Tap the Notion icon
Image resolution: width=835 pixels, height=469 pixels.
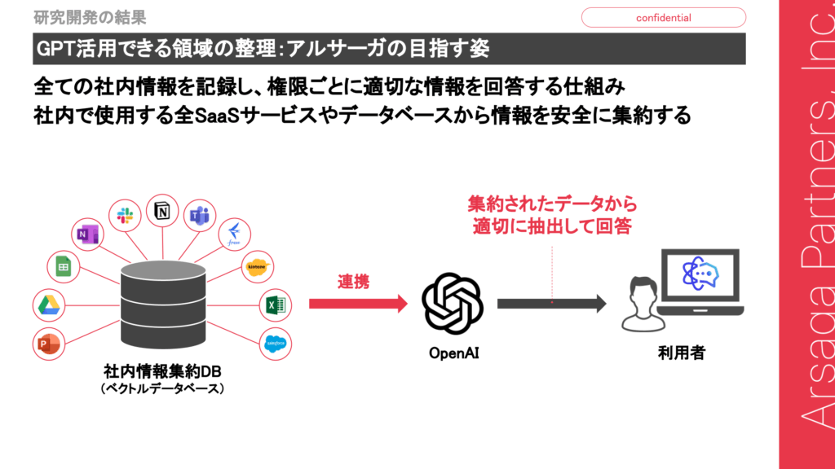coord(161,212)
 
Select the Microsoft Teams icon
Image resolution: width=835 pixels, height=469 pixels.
coord(199,215)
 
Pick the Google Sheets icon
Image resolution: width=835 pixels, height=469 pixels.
coord(62,265)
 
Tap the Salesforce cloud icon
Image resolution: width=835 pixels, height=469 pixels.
coord(275,344)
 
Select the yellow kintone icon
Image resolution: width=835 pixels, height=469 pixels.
coord(259,266)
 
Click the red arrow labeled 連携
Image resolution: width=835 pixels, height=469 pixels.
coord(357,304)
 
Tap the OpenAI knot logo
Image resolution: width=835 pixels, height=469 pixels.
coord(453,303)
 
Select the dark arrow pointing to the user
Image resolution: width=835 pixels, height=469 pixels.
coord(551,304)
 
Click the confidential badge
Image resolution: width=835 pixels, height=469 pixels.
coord(663,17)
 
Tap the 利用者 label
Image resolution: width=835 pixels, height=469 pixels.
coord(681,354)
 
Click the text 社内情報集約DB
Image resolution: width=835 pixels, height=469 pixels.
coord(162,371)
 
